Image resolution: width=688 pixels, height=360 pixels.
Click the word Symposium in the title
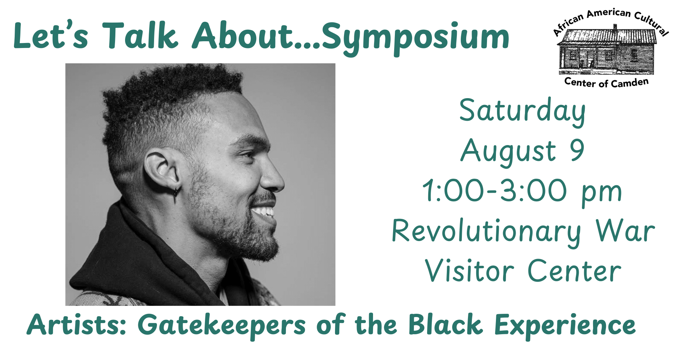[416, 38]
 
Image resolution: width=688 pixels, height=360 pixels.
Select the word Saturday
[522, 112]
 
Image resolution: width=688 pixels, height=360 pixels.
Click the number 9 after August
[577, 150]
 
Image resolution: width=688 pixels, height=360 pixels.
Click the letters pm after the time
[602, 194]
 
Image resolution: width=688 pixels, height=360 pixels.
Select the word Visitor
[470, 270]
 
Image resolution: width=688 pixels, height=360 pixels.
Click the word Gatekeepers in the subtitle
[221, 326]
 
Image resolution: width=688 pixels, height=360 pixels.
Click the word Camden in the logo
[630, 83]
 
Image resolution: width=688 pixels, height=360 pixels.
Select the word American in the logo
[608, 13]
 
